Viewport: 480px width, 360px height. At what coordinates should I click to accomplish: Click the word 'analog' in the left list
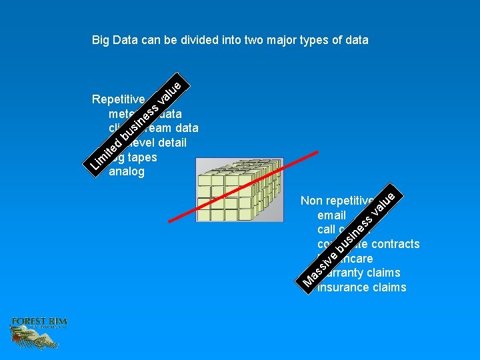(x=126, y=172)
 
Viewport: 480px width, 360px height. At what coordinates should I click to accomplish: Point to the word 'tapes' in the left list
(x=141, y=157)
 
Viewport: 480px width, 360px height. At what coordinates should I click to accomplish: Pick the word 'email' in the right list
(x=331, y=215)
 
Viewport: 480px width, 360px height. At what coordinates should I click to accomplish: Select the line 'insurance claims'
(x=362, y=287)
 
